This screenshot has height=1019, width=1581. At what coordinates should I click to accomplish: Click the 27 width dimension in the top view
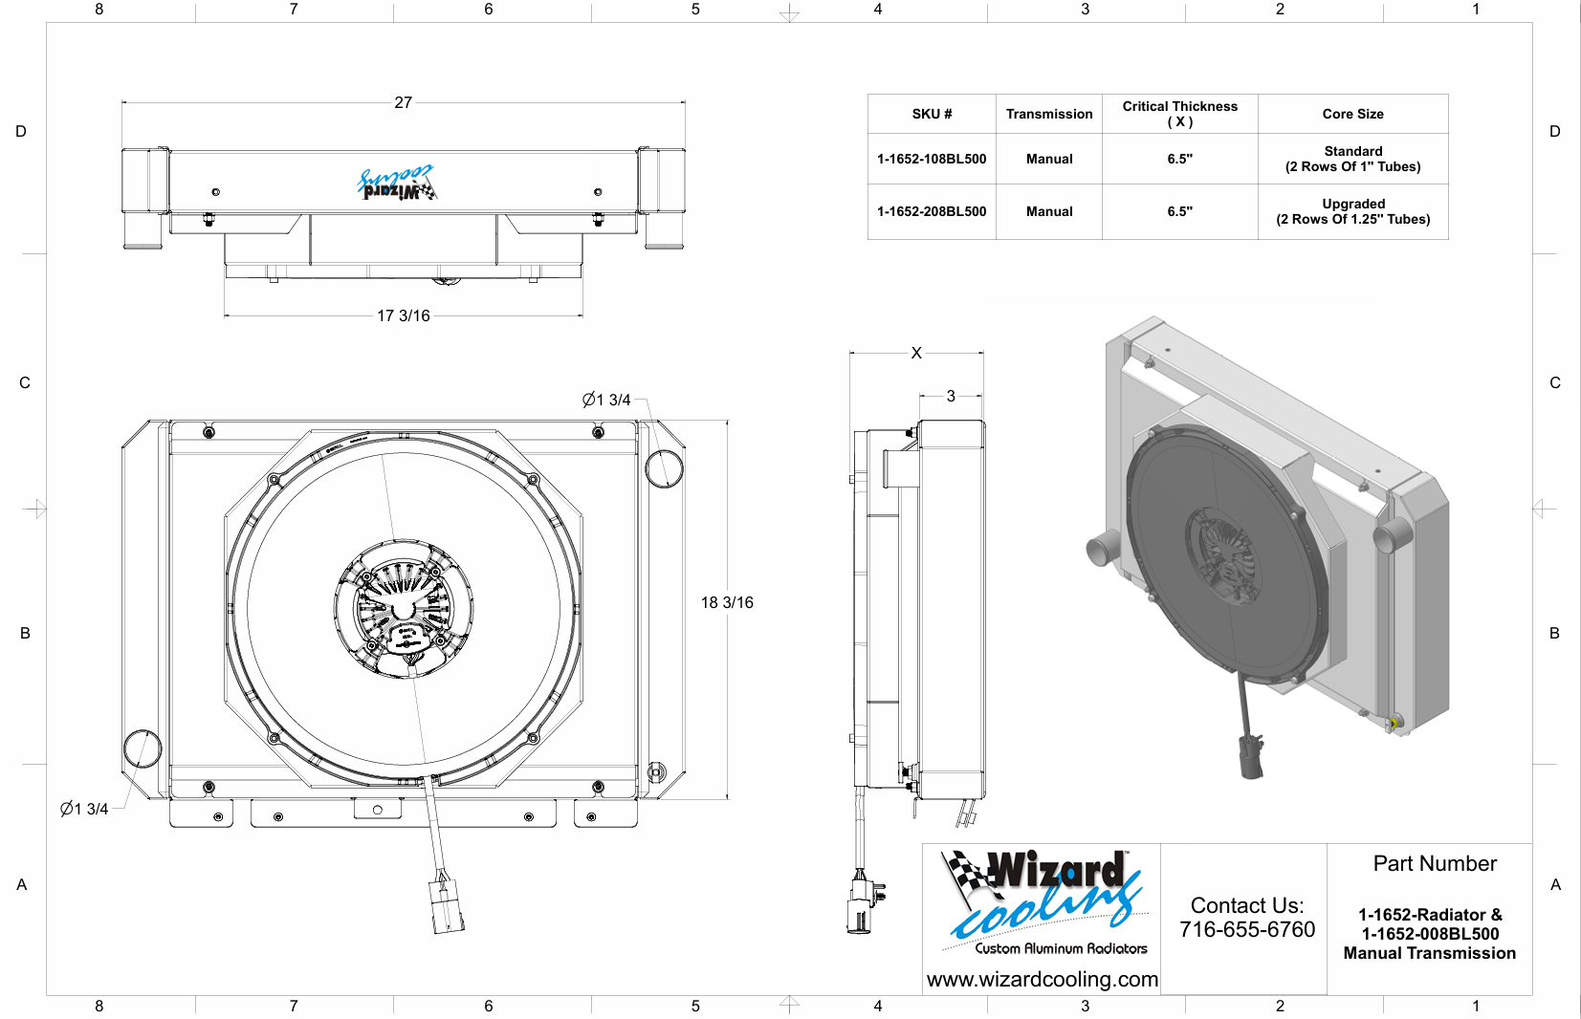[403, 103]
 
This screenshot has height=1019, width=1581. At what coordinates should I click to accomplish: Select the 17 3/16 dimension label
[403, 315]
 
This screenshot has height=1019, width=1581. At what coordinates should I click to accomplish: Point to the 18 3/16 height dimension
[727, 602]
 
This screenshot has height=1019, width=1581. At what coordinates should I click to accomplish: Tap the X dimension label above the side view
[916, 353]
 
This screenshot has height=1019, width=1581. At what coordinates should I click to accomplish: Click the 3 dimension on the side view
[951, 397]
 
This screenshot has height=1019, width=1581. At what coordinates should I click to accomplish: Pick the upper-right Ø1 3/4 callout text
[606, 400]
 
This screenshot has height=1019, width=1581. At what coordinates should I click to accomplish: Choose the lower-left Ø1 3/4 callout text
[84, 809]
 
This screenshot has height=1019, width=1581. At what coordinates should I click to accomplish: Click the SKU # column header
[932, 115]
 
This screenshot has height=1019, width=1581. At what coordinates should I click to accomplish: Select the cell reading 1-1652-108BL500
[932, 160]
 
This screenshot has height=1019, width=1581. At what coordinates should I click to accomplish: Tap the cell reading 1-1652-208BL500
[932, 211]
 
